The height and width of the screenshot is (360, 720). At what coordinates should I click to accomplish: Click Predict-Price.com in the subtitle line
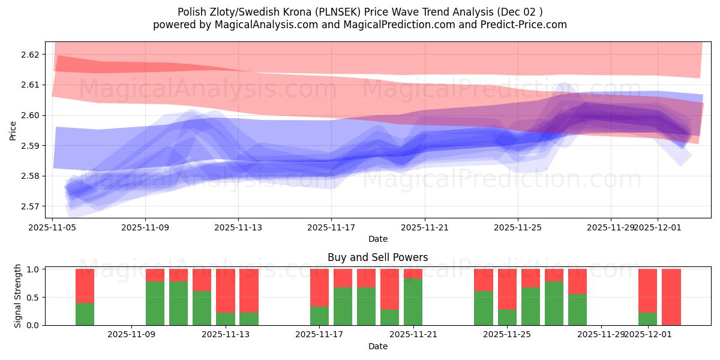tap(520, 25)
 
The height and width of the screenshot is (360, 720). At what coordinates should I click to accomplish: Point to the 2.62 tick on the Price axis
tap(30, 55)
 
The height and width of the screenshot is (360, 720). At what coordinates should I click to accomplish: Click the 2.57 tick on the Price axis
tap(30, 206)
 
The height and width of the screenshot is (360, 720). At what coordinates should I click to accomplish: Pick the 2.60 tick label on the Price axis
tap(30, 115)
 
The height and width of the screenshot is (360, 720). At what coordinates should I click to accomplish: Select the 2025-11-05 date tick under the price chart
tap(52, 228)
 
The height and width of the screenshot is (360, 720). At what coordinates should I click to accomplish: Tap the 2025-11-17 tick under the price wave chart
tap(331, 228)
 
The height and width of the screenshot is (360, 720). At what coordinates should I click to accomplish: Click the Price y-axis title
tap(13, 130)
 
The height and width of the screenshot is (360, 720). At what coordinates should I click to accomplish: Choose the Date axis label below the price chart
tap(378, 239)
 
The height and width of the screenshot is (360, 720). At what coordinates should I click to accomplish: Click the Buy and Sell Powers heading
tap(378, 257)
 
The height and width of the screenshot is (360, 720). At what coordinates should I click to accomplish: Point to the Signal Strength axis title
tap(18, 296)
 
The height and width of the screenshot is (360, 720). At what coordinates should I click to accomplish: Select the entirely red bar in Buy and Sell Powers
tap(671, 297)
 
